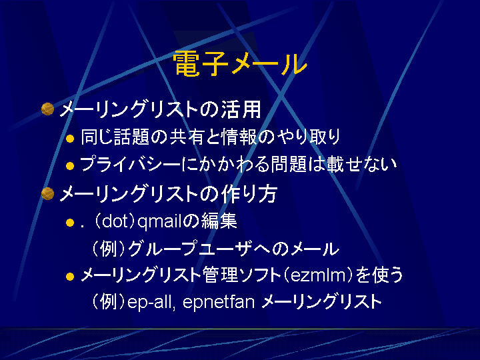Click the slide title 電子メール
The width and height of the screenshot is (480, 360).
[240, 64]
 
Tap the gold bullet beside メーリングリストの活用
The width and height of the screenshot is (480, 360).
[47, 109]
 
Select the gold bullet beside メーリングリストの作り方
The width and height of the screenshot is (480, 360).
[47, 193]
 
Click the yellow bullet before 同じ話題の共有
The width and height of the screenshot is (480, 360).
[70, 139]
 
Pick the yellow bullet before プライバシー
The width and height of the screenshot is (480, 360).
[70, 166]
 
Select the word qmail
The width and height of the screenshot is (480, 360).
[159, 221]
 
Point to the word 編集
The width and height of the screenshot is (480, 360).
[219, 221]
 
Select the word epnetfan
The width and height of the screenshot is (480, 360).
[219, 302]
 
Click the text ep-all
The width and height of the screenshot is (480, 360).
[151, 302]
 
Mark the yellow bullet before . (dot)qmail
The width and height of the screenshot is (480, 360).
[70, 223]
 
